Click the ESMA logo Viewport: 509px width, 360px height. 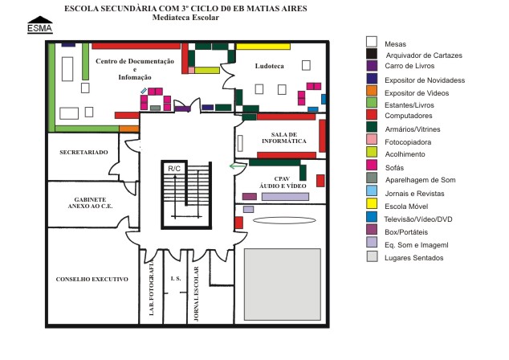pyautogui.click(x=40, y=25)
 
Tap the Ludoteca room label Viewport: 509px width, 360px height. pyautogui.click(x=270, y=66)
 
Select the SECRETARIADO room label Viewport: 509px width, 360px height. pyautogui.click(x=83, y=153)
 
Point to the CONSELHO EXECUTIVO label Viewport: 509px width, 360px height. pyautogui.click(x=92, y=279)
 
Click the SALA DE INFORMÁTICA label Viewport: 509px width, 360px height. pyautogui.click(x=284, y=137)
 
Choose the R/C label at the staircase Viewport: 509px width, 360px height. pyautogui.click(x=174, y=169)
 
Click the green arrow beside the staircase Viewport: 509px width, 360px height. pyautogui.click(x=238, y=166)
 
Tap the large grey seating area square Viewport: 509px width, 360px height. pyautogui.click(x=283, y=284)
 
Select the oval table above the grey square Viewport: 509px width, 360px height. pyautogui.click(x=284, y=220)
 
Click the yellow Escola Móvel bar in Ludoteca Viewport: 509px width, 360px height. pyautogui.click(x=263, y=47)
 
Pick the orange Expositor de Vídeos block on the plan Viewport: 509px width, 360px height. pyautogui.click(x=129, y=129)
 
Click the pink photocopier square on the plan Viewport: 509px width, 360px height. pyautogui.click(x=192, y=70)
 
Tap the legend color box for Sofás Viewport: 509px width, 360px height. pyautogui.click(x=372, y=165)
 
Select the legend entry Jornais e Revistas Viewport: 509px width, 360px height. pyautogui.click(x=414, y=194)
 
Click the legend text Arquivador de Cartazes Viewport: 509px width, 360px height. pyautogui.click(x=424, y=55)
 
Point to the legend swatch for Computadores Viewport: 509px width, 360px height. pyautogui.click(x=372, y=115)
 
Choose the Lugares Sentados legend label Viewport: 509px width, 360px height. pyautogui.click(x=414, y=258)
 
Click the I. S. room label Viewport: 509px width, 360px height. pyautogui.click(x=176, y=279)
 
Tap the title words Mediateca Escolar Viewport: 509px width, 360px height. pyautogui.click(x=185, y=18)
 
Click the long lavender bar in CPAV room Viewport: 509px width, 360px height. pyautogui.click(x=285, y=197)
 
